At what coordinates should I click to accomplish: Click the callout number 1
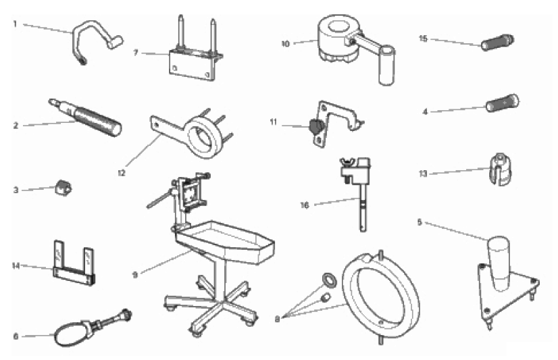[x=15, y=24]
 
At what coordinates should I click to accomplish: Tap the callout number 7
[x=136, y=53]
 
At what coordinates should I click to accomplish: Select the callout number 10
[x=285, y=44]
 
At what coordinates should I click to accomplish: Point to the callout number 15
[x=423, y=38]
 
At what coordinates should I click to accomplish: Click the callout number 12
[x=122, y=173]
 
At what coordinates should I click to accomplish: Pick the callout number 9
[x=135, y=275]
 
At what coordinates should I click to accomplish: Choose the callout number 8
[x=277, y=319]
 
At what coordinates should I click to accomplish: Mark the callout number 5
[x=420, y=222]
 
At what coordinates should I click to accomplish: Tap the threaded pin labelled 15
[x=497, y=43]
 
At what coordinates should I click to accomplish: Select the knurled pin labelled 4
[x=502, y=103]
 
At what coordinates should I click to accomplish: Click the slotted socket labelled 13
[x=501, y=170]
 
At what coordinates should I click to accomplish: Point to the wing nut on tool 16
[x=347, y=162]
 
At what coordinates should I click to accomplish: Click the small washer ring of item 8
[x=329, y=280]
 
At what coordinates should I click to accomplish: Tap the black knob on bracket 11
[x=315, y=126]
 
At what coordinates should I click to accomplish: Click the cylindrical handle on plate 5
[x=499, y=263]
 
